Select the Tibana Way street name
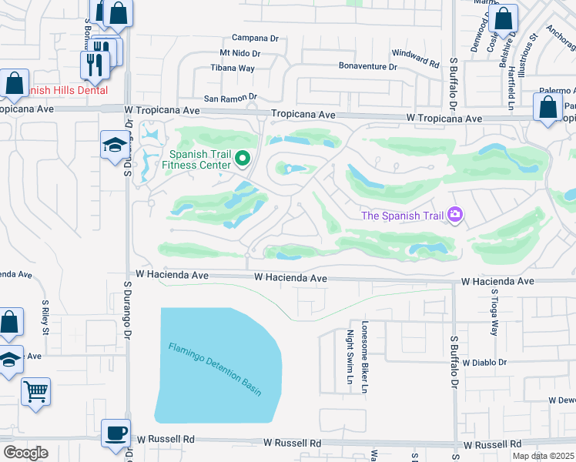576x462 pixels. tap(233, 68)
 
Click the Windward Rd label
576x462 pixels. tap(415, 55)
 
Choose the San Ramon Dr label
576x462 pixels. tap(229, 98)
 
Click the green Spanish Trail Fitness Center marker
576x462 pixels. tap(243, 159)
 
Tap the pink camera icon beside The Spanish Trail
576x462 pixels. tap(455, 215)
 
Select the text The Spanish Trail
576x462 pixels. tap(403, 216)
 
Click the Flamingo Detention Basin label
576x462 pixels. tap(215, 369)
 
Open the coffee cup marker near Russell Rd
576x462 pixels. tap(116, 433)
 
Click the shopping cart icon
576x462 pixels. tap(35, 391)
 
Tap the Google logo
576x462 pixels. tap(25, 452)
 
